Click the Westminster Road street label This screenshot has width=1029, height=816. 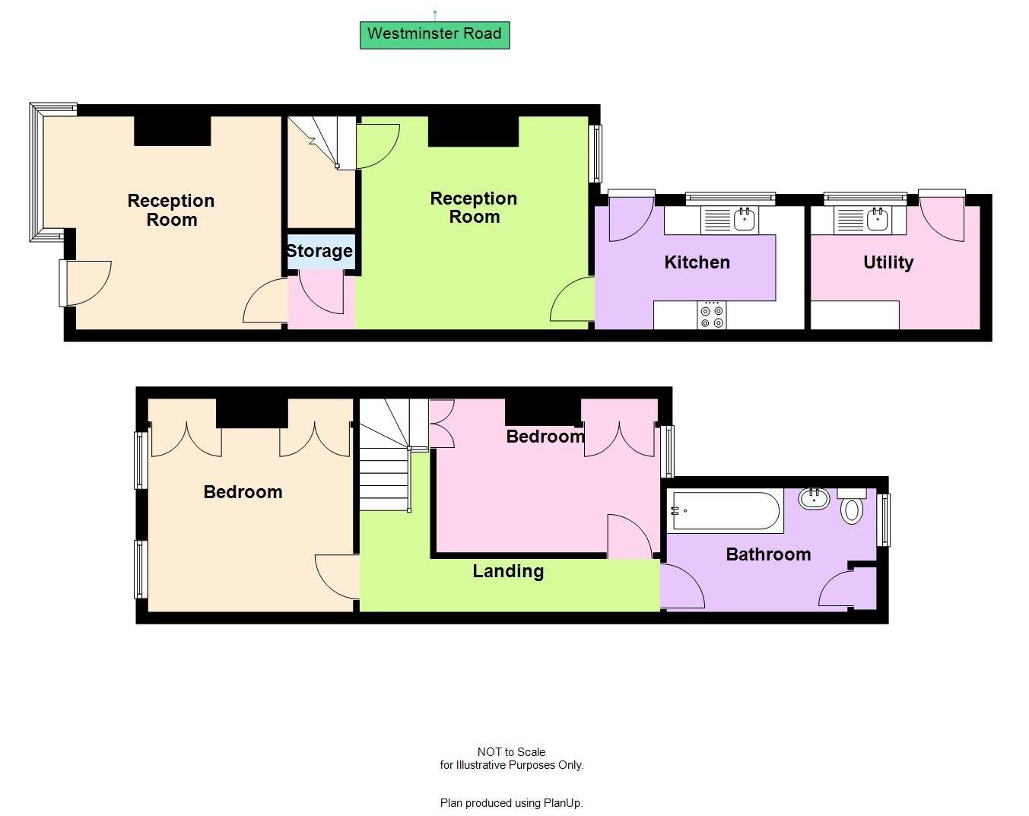pyautogui.click(x=434, y=34)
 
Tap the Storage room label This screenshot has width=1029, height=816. pyautogui.click(x=319, y=251)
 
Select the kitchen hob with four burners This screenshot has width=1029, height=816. pyautogui.click(x=713, y=316)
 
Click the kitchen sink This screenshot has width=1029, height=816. pyautogui.click(x=745, y=220)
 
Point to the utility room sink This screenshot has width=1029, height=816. pyautogui.click(x=877, y=220)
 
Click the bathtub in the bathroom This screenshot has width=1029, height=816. pyautogui.click(x=724, y=511)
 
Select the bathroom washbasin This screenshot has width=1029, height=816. pyautogui.click(x=814, y=498)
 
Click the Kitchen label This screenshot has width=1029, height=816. pyautogui.click(x=697, y=262)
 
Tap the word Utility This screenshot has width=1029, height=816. pyautogui.click(x=888, y=262)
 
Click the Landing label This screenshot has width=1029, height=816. pyautogui.click(x=508, y=571)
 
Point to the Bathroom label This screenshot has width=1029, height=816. pyautogui.click(x=768, y=554)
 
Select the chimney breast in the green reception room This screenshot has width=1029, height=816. pyautogui.click(x=473, y=131)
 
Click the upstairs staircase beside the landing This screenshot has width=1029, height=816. pyautogui.click(x=385, y=456)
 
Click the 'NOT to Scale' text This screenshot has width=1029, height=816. pyautogui.click(x=511, y=751)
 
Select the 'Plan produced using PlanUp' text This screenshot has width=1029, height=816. pyautogui.click(x=511, y=802)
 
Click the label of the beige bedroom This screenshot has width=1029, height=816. pyautogui.click(x=243, y=492)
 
